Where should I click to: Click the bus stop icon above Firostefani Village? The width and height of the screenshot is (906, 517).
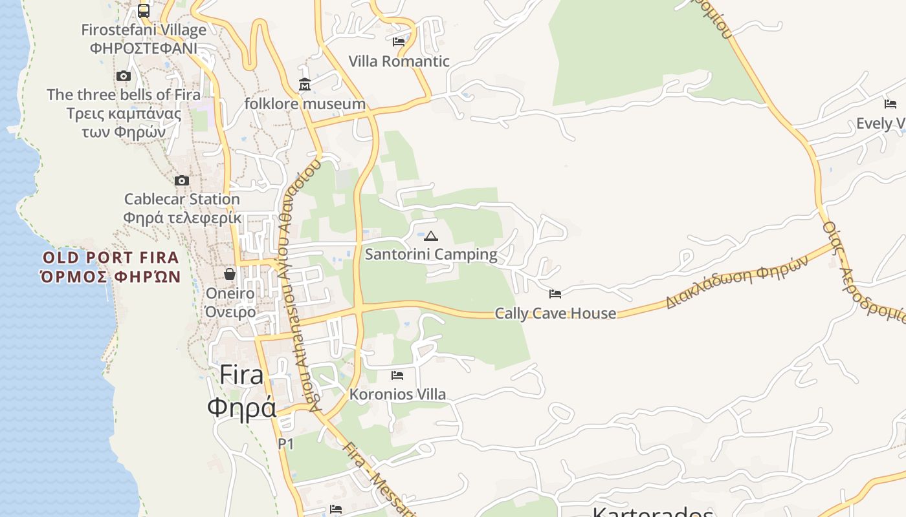(x=144, y=11)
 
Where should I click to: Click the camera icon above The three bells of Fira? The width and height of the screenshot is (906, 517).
(x=124, y=76)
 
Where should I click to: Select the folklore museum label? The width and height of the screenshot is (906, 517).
(x=305, y=104)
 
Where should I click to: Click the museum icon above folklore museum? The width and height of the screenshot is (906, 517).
(x=305, y=85)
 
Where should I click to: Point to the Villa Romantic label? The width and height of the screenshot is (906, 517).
(x=399, y=61)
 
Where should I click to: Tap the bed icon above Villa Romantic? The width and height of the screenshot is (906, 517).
(x=399, y=42)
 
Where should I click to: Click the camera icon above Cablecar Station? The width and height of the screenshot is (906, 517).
(x=182, y=181)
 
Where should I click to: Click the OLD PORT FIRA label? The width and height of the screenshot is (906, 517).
(x=111, y=258)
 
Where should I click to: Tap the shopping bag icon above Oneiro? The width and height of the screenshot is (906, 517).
(x=230, y=274)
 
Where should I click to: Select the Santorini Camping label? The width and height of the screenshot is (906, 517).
(x=431, y=255)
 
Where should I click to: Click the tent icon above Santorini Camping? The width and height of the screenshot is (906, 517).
(x=431, y=236)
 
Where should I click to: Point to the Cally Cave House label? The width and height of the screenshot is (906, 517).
(x=555, y=313)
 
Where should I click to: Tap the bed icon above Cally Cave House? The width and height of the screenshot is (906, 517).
(x=555, y=294)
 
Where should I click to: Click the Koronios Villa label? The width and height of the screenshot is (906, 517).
(x=397, y=394)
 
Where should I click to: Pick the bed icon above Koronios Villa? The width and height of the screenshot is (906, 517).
(x=397, y=375)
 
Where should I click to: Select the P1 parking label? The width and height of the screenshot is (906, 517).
(x=285, y=444)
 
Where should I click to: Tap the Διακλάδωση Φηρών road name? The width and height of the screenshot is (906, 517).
(x=737, y=282)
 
